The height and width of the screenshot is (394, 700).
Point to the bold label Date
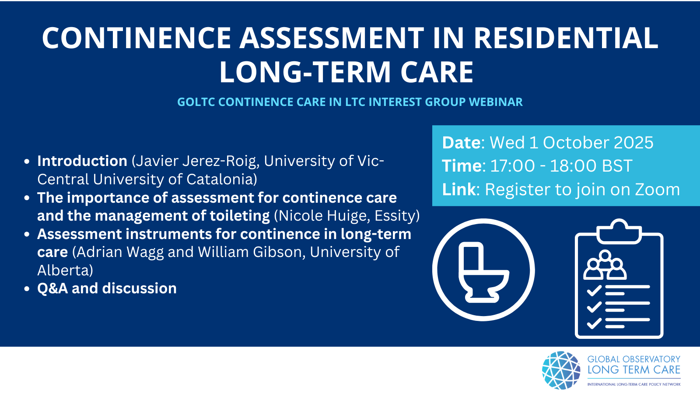click(461, 143)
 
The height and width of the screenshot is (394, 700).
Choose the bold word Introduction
click(82, 161)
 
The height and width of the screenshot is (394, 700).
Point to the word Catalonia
click(221, 179)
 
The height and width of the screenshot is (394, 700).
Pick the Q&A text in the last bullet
click(52, 288)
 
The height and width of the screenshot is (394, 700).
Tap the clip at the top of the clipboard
click(619, 232)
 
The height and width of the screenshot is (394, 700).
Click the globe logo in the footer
click(561, 370)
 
